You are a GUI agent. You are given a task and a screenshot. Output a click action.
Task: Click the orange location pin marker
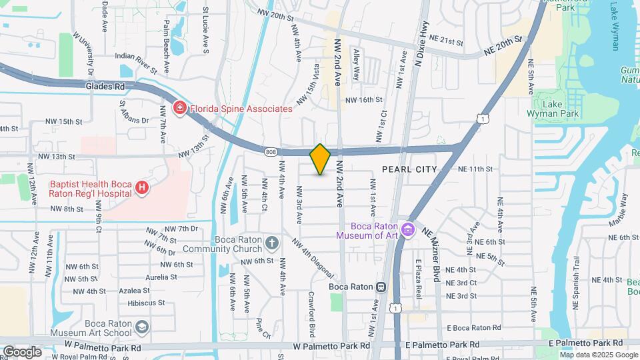(320, 159)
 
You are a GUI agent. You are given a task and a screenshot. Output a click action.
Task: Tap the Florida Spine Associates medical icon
(179, 108)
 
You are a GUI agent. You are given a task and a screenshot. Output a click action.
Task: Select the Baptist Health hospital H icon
(141, 189)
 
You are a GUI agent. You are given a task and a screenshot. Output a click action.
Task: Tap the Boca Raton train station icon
(381, 287)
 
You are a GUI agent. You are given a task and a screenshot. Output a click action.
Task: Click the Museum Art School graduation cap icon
(141, 327)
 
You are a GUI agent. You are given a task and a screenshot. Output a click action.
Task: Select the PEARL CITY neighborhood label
(409, 169)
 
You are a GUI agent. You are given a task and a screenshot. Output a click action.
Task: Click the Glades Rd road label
(105, 86)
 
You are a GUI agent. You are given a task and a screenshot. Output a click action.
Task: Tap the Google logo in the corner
(22, 351)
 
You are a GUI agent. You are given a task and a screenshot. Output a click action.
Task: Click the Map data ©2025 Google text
(599, 355)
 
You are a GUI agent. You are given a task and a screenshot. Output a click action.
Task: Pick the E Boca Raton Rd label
(474, 328)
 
